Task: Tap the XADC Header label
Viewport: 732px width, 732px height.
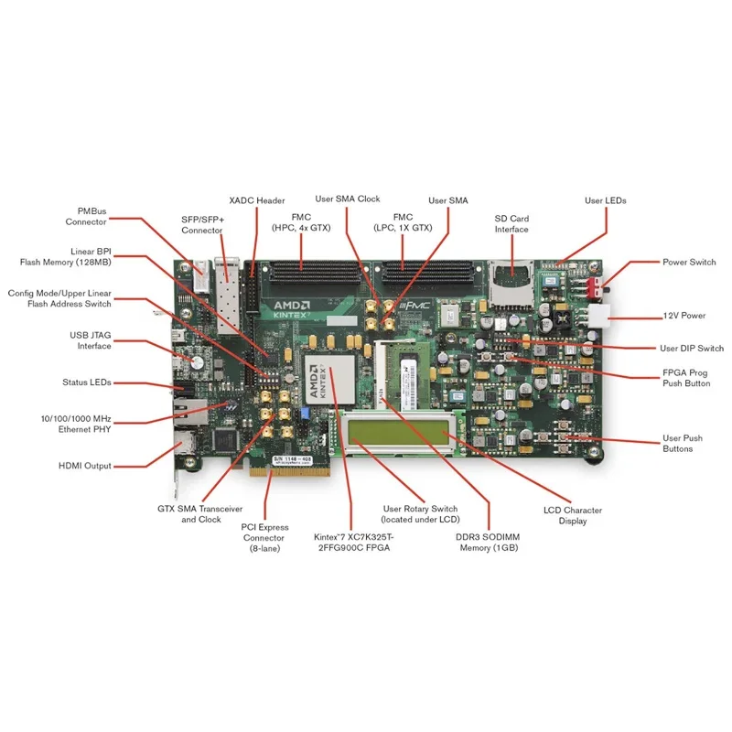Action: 256,200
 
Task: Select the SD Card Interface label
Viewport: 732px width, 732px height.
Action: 511,223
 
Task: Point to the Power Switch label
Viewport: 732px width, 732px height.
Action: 689,263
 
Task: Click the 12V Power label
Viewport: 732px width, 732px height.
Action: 684,316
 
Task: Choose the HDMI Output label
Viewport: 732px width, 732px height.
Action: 84,466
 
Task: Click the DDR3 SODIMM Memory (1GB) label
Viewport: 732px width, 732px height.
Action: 488,543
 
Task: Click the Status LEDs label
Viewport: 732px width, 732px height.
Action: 87,382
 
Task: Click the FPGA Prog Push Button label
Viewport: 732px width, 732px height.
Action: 686,378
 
